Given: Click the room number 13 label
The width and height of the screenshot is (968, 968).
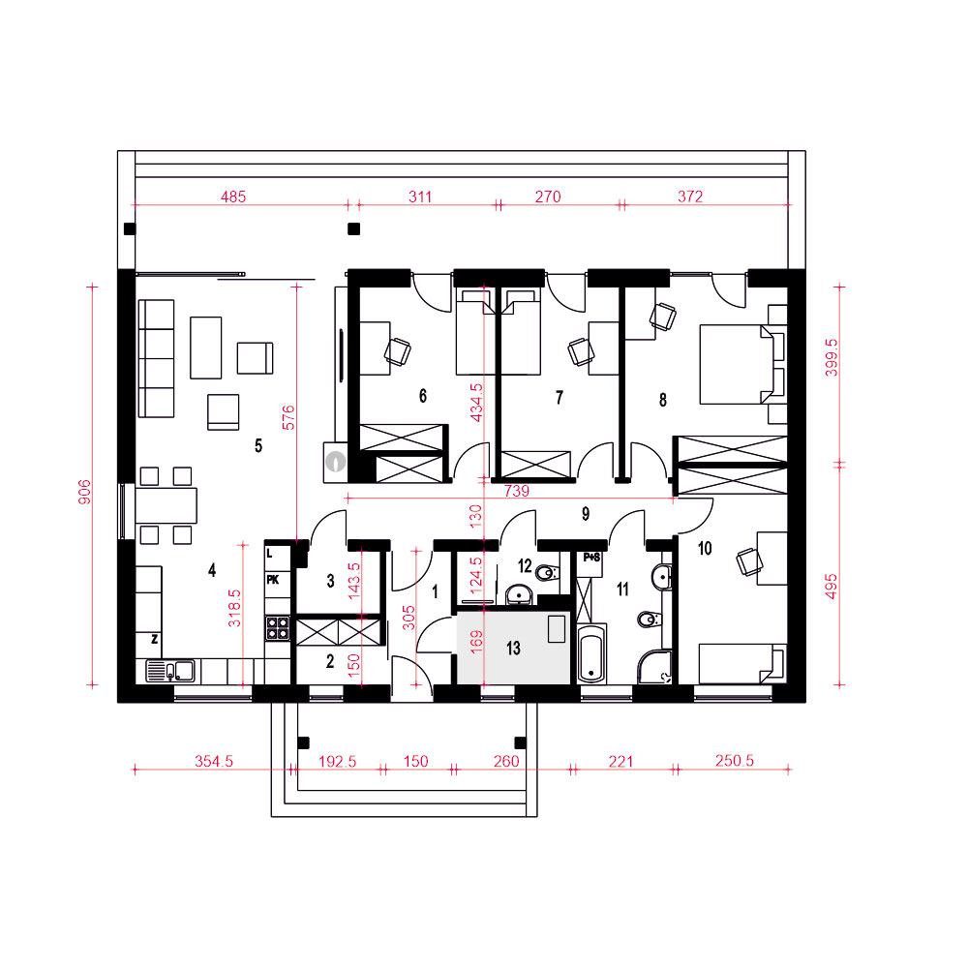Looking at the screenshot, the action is (x=513, y=648).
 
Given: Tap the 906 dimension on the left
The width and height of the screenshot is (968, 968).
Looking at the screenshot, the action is (x=84, y=492).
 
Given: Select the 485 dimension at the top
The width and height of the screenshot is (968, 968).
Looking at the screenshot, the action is (x=233, y=197).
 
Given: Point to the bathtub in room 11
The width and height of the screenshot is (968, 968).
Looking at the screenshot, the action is (x=591, y=653).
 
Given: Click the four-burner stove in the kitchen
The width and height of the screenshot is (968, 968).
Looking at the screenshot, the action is (x=277, y=628).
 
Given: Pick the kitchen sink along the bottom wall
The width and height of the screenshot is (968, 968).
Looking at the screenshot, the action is (x=170, y=671).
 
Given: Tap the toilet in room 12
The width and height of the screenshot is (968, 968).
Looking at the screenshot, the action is (x=548, y=573).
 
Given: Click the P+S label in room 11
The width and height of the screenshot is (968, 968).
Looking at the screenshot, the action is (x=591, y=558).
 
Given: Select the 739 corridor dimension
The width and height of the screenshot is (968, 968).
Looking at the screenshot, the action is (x=517, y=491).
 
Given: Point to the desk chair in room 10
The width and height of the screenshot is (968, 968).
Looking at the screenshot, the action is (x=749, y=561).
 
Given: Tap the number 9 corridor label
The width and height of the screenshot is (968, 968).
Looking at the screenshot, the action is (x=586, y=513).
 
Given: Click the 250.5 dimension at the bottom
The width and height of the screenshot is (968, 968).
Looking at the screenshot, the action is (x=735, y=761).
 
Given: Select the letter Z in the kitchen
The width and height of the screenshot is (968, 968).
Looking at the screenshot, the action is (x=154, y=639).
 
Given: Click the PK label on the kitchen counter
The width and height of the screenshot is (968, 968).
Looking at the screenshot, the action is (x=272, y=580).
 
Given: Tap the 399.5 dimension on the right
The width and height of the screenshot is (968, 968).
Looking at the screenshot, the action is (x=832, y=357).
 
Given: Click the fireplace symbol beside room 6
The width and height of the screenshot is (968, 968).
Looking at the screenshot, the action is (x=336, y=461).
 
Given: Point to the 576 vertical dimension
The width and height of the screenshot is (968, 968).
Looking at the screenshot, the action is (x=288, y=417).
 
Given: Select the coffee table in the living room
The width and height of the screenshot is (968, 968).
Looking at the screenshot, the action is (x=205, y=348).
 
